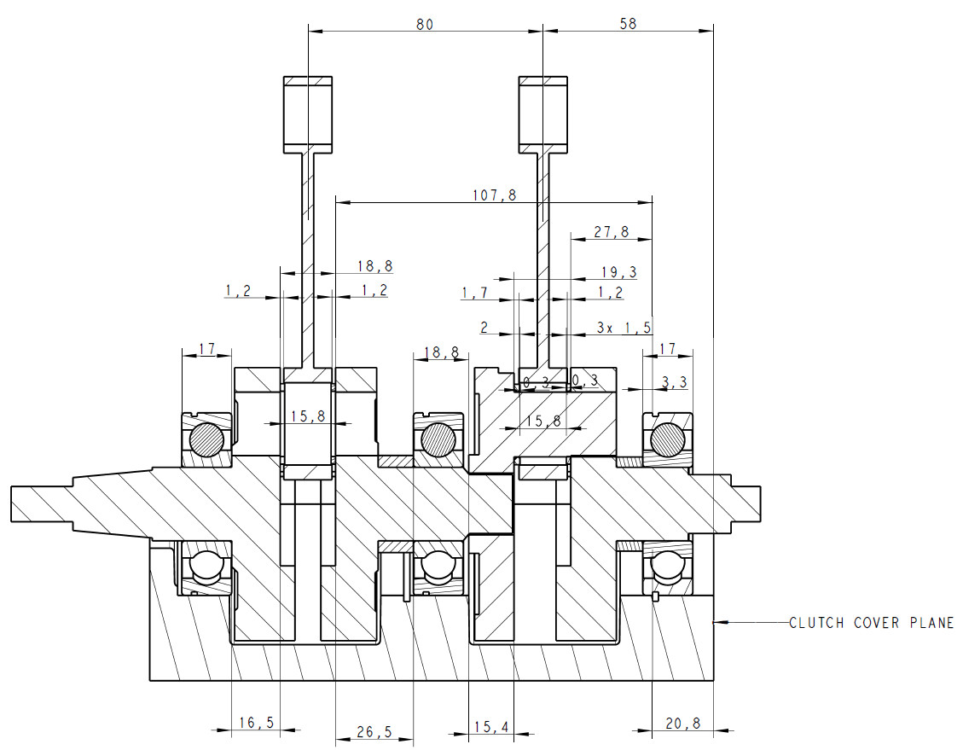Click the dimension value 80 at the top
point(424,24)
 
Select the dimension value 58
point(628,24)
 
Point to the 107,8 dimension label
point(495,195)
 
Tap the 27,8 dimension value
point(612,231)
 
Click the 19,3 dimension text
point(619,272)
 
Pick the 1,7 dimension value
point(475,293)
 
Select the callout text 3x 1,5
point(624,328)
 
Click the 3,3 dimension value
point(674,383)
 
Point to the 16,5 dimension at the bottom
point(256,723)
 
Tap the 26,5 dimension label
point(374,732)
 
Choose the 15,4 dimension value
point(491,726)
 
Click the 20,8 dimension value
point(682,723)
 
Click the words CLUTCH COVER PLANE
point(871,623)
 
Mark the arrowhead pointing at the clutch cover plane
point(719,623)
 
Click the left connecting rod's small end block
point(308,113)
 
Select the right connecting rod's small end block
point(542,113)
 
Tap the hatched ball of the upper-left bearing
point(206,440)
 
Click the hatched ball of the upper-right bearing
point(666,439)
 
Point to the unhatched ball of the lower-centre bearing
point(436,564)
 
